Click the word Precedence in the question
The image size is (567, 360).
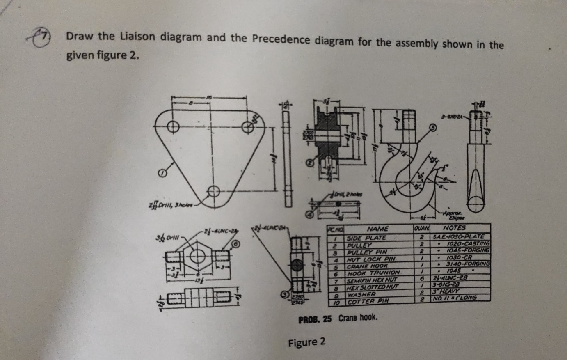(282, 40)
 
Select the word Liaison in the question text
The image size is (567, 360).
(138, 37)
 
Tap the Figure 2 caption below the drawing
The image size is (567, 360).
(306, 342)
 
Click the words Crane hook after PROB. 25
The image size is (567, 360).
(357, 318)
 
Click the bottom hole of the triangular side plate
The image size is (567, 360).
(213, 190)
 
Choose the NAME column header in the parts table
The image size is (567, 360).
(378, 228)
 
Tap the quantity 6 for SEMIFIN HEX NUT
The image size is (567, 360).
(421, 279)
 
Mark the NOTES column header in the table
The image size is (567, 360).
(454, 227)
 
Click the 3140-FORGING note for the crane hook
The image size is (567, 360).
(468, 264)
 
